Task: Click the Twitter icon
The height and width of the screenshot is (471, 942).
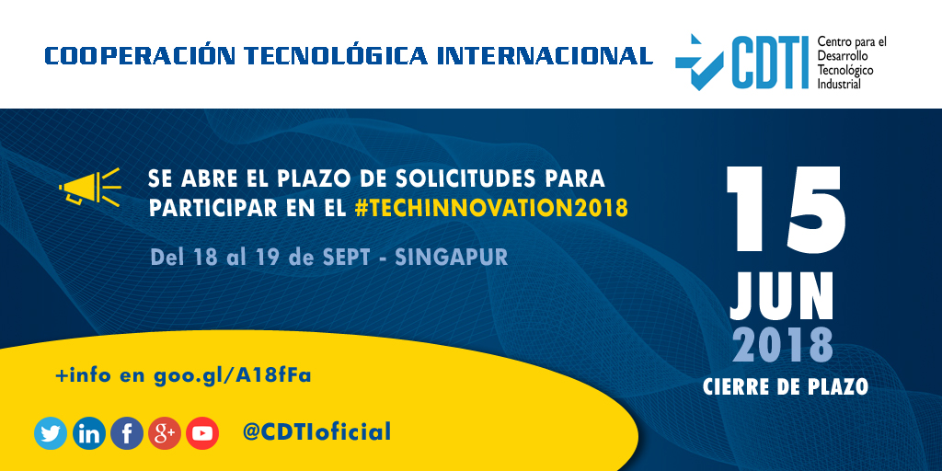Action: click(51, 433)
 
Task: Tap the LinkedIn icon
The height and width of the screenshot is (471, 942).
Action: click(89, 433)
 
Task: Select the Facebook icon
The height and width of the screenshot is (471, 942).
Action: click(127, 433)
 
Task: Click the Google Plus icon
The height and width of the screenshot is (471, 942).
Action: click(165, 433)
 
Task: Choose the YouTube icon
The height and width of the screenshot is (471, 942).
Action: click(202, 433)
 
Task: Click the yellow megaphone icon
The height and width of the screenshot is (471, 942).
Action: click(89, 187)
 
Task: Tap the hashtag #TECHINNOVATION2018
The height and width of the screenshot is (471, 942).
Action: click(491, 208)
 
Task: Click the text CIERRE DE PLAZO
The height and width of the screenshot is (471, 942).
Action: click(785, 386)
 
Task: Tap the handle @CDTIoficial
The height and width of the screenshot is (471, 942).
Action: click(316, 431)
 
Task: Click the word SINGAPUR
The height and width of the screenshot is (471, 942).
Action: click(451, 257)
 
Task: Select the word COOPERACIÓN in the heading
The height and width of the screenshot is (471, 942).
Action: click(135, 56)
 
